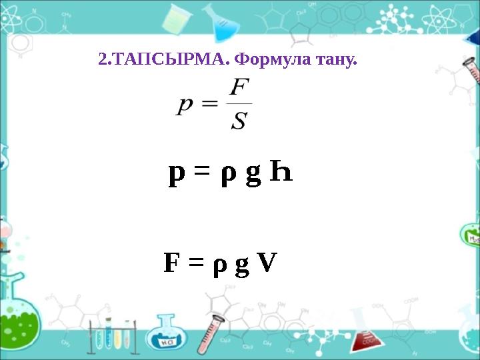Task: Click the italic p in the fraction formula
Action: tap(186, 107)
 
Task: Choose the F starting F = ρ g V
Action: tap(171, 263)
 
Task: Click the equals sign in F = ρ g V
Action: tap(195, 265)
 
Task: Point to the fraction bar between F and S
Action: tap(239, 105)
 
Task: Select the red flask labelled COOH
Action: tap(365, 333)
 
